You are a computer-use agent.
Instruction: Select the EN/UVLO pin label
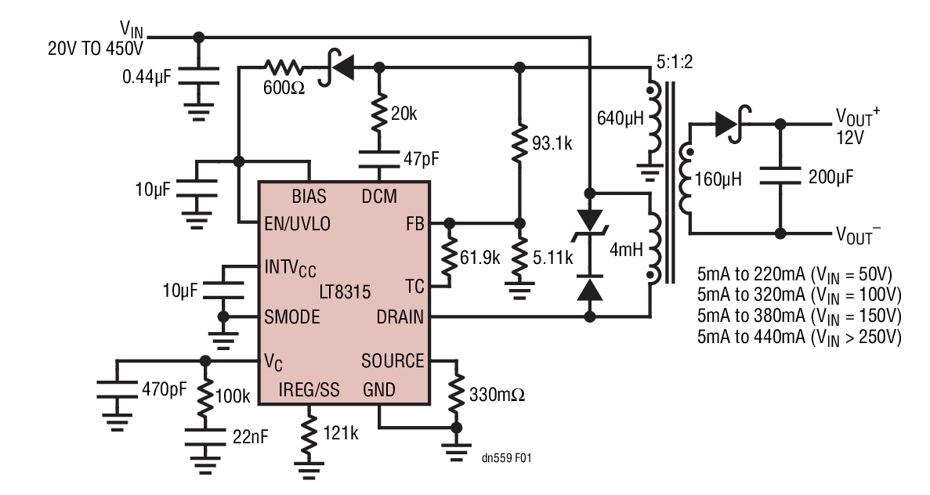[x=299, y=223]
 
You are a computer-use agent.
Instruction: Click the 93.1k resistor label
[x=559, y=145]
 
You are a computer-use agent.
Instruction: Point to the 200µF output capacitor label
[x=837, y=178]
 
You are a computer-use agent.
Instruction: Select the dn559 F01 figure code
[x=508, y=457]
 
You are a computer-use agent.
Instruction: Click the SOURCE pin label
[x=393, y=361]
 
